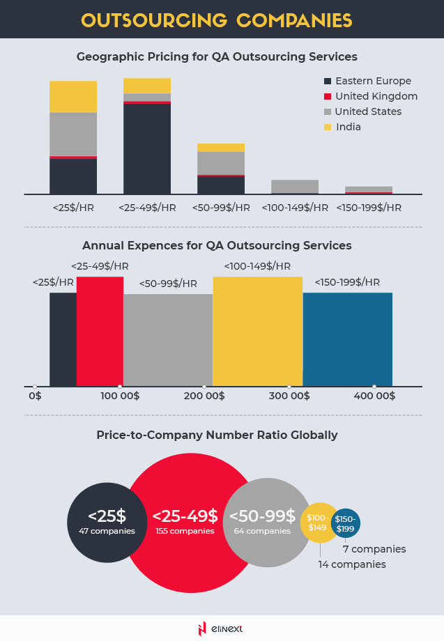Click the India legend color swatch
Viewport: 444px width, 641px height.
coord(326,128)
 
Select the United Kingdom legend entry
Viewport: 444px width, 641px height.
coord(376,96)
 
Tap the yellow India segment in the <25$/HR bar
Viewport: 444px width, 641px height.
coord(73,97)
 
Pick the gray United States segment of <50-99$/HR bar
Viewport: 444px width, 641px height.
coord(221,163)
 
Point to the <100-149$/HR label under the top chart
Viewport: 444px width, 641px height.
coord(295,208)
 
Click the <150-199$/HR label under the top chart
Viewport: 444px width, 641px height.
coord(369,208)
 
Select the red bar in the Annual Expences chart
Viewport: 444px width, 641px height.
coord(100,331)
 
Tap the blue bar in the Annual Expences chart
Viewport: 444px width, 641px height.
coord(348,339)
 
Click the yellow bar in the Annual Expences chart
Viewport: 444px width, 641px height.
coord(257,331)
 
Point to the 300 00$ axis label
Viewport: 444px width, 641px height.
coord(289,396)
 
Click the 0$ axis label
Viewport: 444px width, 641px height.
coord(35,396)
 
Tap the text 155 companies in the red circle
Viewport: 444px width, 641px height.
coord(185,531)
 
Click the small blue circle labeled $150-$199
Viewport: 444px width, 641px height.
coord(345,523)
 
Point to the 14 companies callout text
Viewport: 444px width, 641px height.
coord(352,564)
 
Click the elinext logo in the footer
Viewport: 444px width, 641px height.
coord(221,628)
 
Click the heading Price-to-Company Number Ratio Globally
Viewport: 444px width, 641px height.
coord(217,435)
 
